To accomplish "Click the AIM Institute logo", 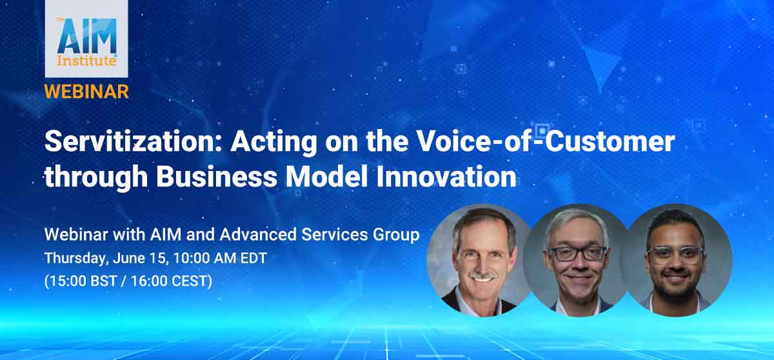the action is (x=86, y=39).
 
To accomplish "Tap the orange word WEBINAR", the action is (x=86, y=92).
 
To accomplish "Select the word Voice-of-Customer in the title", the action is (x=546, y=141).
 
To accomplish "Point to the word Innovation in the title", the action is (x=446, y=177).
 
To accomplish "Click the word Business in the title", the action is (x=217, y=177).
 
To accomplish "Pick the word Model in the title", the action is (x=326, y=177).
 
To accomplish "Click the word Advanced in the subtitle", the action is (x=258, y=234).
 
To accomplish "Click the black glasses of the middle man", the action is (x=577, y=254).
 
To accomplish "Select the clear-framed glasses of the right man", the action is (x=675, y=255).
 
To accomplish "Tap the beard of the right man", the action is (x=676, y=283).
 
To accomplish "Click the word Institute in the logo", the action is (x=86, y=61).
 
